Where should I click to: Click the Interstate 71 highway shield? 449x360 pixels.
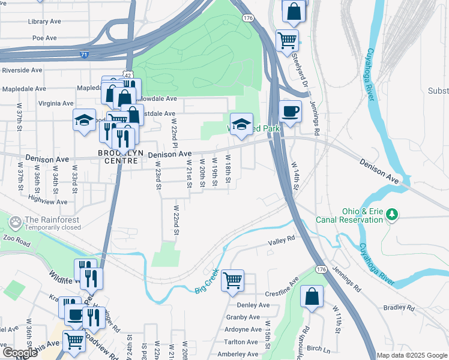(84, 54)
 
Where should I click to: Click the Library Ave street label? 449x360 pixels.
(44, 21)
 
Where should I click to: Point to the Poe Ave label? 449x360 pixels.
(44, 38)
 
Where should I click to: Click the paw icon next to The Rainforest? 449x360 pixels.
(16, 223)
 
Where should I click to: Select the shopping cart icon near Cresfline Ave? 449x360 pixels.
(232, 280)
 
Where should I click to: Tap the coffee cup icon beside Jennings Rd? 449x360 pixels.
(291, 112)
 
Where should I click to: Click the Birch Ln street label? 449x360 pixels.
(319, 349)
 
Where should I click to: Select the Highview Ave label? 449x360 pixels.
(47, 202)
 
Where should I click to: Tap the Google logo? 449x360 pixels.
(19, 353)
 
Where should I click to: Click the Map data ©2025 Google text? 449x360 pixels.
(412, 355)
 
